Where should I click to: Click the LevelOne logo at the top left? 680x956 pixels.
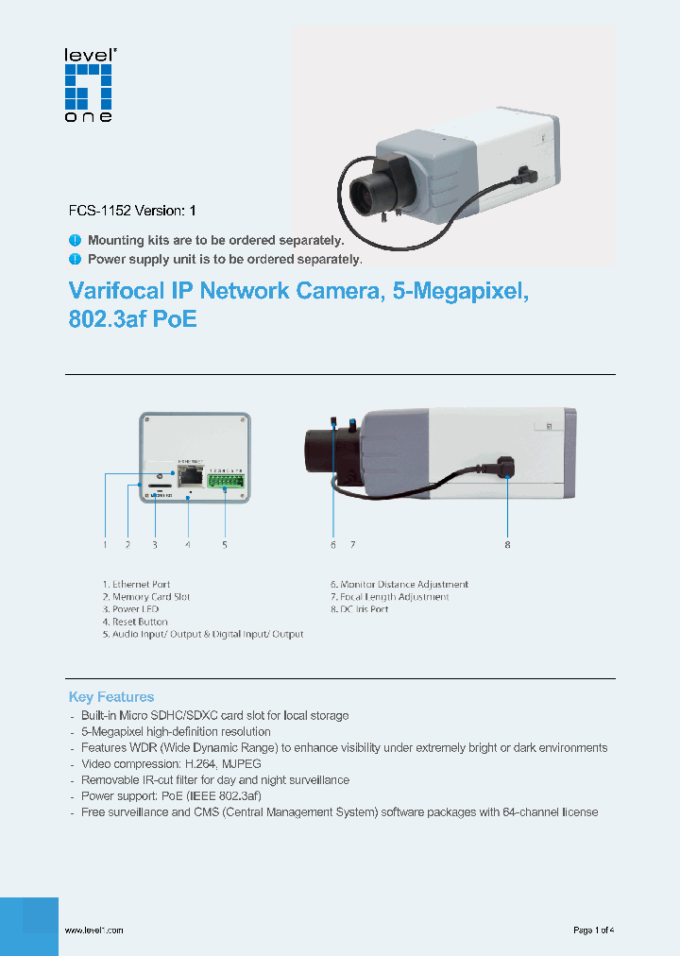tap(88, 86)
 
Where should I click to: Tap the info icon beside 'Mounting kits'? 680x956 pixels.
tap(76, 241)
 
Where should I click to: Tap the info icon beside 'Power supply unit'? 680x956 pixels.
tap(76, 258)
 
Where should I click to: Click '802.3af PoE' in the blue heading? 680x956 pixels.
tap(133, 319)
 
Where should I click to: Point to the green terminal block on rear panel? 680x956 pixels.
tap(226, 481)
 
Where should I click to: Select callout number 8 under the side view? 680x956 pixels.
tap(507, 545)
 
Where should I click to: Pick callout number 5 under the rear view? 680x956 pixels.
tap(225, 545)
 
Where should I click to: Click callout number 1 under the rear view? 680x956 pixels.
tap(105, 545)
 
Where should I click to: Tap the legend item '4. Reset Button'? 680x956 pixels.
tap(135, 622)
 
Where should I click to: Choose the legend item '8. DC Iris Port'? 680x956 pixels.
tap(359, 609)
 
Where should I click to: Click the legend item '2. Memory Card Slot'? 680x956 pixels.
tap(146, 597)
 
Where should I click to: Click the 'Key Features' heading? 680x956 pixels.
tap(111, 697)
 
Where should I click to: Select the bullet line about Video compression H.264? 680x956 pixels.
tap(170, 763)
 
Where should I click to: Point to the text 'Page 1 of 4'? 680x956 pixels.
tap(594, 930)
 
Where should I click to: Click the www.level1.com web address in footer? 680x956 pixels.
tap(93, 930)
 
